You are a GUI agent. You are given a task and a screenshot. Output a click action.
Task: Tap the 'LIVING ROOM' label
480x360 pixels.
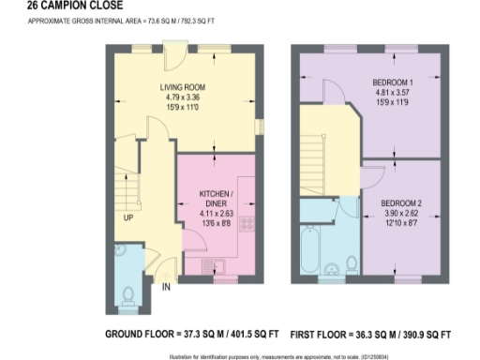pos(182,87)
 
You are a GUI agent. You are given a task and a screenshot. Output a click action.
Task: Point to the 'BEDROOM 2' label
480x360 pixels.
pos(402,202)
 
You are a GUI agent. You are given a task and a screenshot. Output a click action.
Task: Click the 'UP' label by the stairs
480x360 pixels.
pos(127,218)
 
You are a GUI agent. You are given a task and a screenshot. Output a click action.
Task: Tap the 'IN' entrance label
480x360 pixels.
pos(165,288)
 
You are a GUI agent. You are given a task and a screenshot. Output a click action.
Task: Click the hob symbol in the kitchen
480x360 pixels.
pos(249,224)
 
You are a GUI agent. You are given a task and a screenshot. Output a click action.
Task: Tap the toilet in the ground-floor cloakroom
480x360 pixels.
pos(127,297)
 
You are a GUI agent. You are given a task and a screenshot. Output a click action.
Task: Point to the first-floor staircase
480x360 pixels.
pos(312,160)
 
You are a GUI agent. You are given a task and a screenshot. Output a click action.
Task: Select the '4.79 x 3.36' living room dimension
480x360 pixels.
pos(182,97)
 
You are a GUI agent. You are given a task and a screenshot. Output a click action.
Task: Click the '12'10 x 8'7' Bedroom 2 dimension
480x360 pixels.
pos(402,221)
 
